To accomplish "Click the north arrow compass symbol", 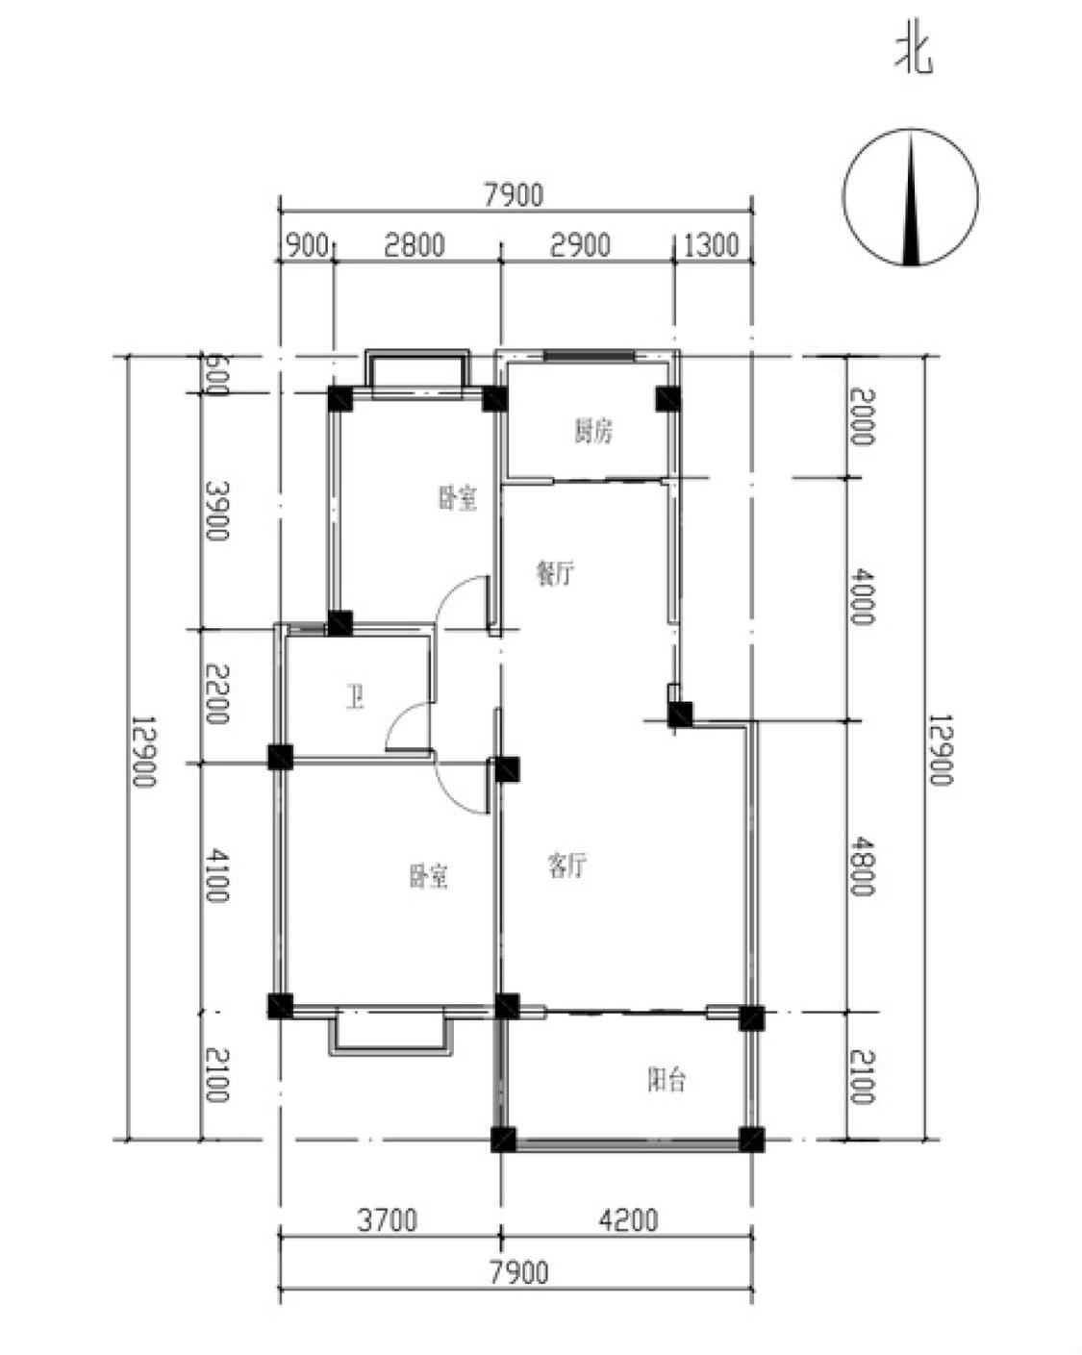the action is coord(910,196).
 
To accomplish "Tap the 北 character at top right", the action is coord(915,54).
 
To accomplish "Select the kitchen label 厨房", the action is coord(592,431).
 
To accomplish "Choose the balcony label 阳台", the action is coord(667,1080).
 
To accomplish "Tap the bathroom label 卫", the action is coord(356,697).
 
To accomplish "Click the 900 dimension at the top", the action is coord(307,245).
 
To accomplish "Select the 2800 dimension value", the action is coord(414,245).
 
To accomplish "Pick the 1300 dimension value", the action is coord(711,245).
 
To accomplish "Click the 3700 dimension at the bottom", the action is coord(387,1219).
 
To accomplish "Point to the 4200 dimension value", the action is coord(628,1219).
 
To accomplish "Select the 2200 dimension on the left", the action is coord(216,694).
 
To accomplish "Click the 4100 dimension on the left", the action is coord(216,875).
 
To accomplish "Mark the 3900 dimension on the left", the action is coord(216,511).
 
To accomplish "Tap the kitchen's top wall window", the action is coord(589,356).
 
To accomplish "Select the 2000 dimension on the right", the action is coord(862,416).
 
